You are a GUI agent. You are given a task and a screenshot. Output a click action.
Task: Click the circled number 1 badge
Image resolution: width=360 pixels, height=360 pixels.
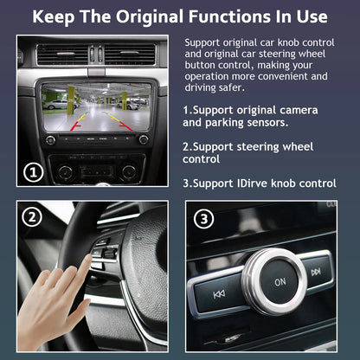[34, 172]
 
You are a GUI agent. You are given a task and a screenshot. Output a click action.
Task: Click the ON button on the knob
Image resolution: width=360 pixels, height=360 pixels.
[280, 282]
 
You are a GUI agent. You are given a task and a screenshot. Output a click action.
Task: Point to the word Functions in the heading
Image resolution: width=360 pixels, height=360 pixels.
[239, 16]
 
